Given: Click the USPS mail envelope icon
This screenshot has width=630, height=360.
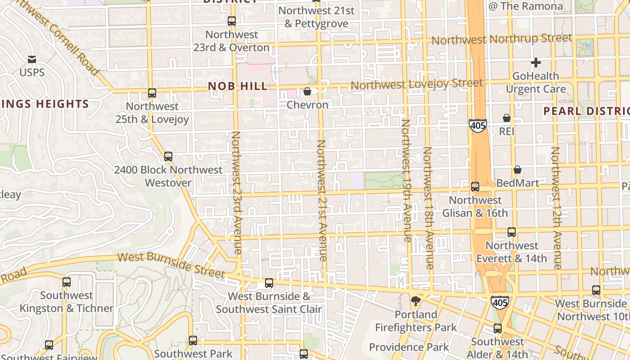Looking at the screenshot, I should coord(31,59).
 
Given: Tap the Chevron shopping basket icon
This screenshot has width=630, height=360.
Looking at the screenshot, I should coord(307,92).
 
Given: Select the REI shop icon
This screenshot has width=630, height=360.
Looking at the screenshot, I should coord(507,118).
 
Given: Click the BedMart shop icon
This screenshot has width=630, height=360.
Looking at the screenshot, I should coord(517,170).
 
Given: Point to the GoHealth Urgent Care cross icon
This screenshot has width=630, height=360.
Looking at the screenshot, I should coord(535,63).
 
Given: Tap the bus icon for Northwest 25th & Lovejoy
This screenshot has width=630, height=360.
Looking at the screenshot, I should coord(152,93).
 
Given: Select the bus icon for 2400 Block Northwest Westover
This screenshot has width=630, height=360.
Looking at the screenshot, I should coord(168,157).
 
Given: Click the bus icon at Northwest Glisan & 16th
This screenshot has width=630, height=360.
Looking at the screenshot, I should coord(475,187).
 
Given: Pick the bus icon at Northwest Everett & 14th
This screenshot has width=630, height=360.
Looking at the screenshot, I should coord(512,232).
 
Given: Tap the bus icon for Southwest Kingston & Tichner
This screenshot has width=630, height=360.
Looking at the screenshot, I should coord(67,282).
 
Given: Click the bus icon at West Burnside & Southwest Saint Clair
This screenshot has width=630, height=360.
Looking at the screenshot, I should coord(269,283).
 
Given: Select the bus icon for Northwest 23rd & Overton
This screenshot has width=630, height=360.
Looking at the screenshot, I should coord(232,21).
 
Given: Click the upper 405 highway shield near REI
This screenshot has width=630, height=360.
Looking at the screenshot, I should coord(477,125).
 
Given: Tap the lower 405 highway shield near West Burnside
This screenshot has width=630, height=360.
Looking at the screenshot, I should coord(500,302).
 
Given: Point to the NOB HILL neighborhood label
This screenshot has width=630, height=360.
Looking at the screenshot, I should coord(238,86).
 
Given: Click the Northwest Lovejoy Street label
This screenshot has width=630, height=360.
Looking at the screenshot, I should coord(416,84).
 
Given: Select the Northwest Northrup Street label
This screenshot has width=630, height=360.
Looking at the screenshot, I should coord(502,39).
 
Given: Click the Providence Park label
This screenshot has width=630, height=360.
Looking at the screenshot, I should coord(409,347).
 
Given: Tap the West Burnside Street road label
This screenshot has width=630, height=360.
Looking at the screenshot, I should coord(171,265).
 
